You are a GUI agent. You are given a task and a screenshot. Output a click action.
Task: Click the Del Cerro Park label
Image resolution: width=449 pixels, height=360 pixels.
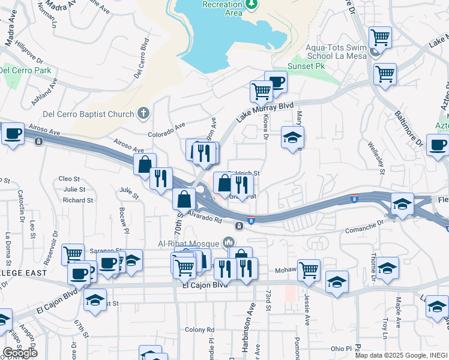(25, 70)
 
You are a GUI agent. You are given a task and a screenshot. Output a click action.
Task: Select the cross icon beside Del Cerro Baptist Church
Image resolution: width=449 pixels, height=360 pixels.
(142, 112)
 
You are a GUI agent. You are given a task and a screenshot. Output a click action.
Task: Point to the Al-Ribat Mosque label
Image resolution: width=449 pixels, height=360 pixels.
(189, 243)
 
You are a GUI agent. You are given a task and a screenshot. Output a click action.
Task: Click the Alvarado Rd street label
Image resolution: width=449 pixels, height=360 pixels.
(205, 217)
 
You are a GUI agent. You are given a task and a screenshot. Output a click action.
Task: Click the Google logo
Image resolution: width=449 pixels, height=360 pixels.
(20, 353)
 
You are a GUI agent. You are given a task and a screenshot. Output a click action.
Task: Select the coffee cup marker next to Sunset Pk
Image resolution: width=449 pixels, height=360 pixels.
(276, 82)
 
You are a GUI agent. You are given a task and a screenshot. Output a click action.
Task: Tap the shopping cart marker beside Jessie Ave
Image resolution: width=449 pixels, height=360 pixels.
(309, 270)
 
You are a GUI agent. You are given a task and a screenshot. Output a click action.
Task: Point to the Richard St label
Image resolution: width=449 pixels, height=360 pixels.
(78, 200)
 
